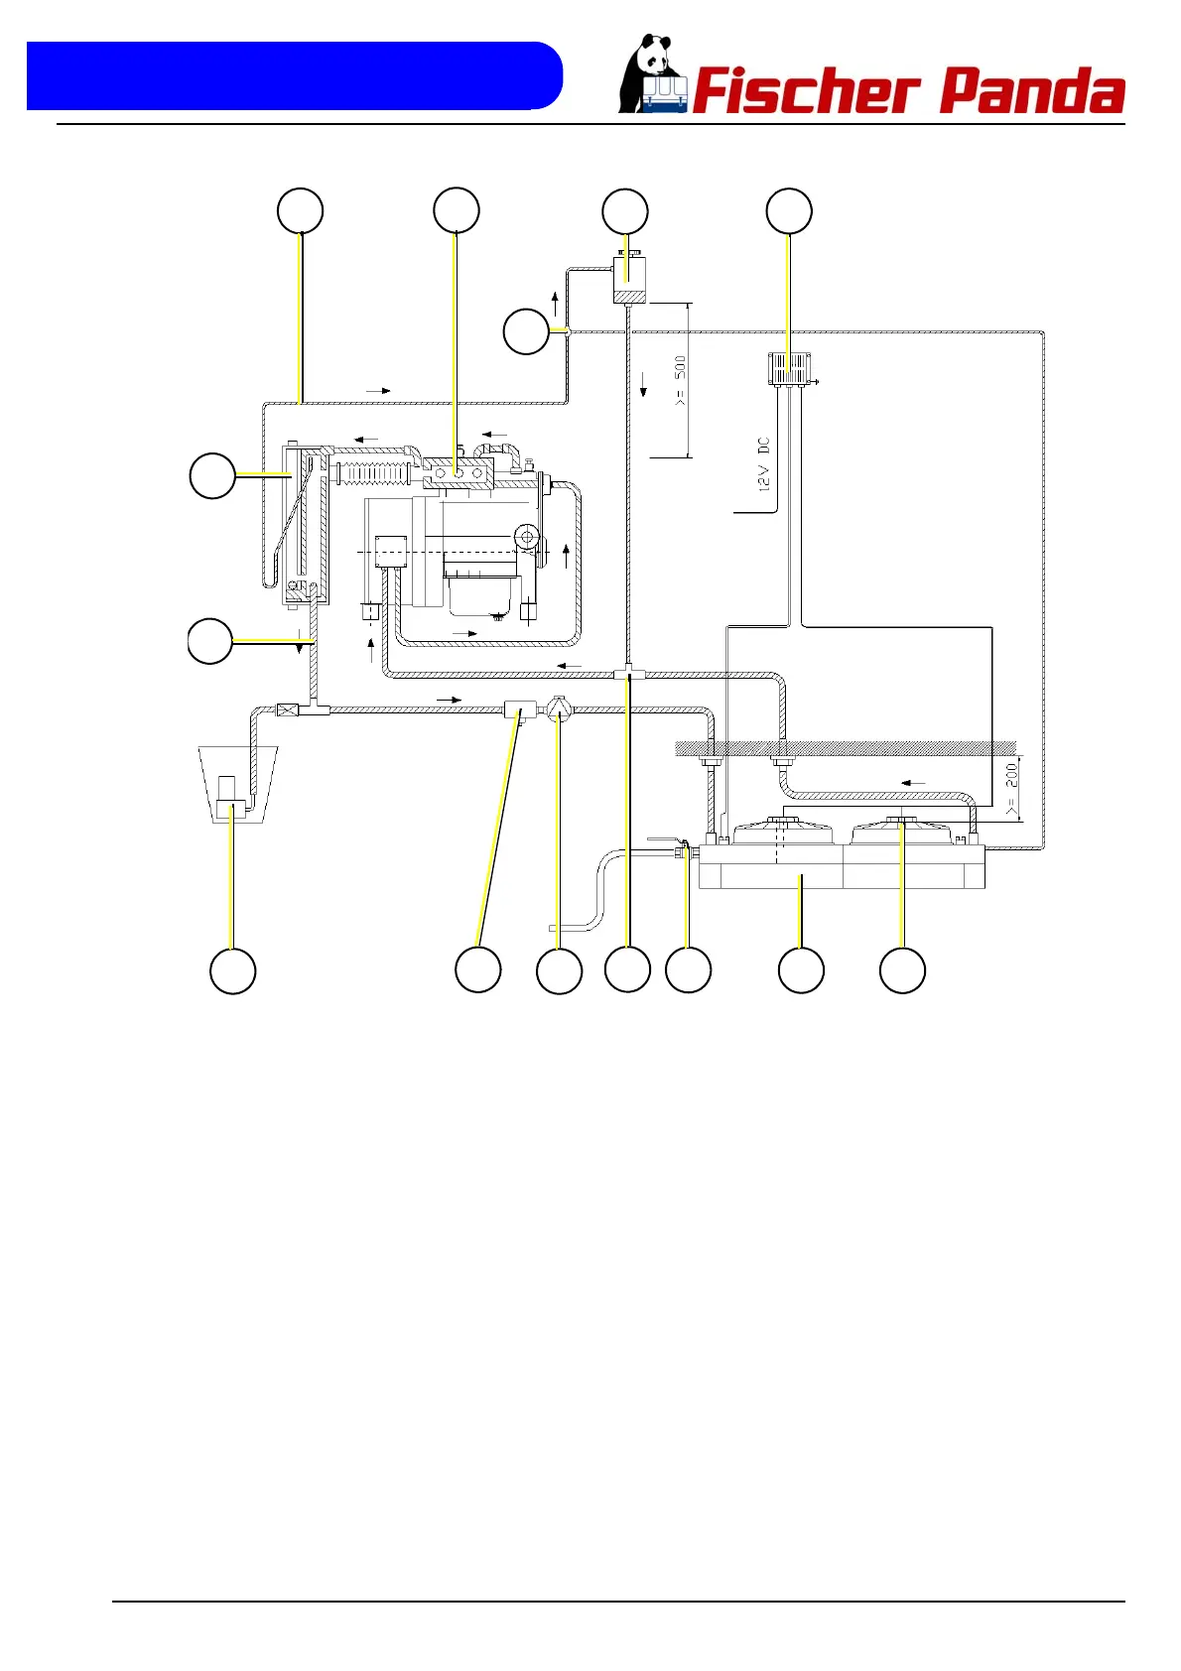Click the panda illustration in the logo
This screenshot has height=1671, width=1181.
pos(651,75)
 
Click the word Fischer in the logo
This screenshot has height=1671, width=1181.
pos(804,92)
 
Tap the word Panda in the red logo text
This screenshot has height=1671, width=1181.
pos(1031,92)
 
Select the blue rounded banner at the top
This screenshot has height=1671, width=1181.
pos(294,75)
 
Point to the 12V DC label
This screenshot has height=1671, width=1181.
pos(764,464)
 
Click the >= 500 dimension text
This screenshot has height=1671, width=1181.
pos(680,381)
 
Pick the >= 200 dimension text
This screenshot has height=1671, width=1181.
pos(1010,789)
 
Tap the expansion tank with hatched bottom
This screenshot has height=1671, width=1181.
pos(628,280)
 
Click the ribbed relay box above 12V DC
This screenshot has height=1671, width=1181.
pos(790,369)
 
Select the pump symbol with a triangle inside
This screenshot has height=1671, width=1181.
pos(560,709)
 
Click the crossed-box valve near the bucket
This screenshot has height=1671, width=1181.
pos(289,709)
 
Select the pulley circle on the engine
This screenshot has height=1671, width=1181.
pos(526,537)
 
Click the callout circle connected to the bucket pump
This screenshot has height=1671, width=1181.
pos(233,971)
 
